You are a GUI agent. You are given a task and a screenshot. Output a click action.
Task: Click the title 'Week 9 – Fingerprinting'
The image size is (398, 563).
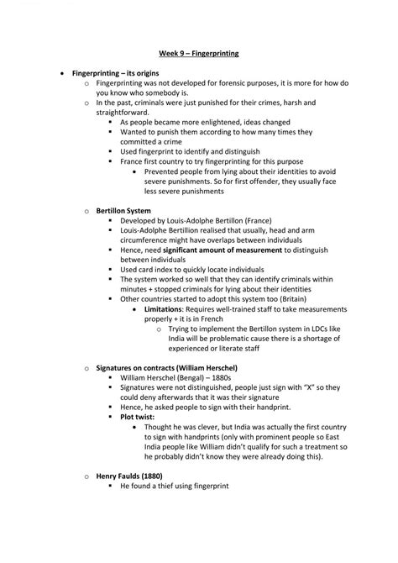point(198,54)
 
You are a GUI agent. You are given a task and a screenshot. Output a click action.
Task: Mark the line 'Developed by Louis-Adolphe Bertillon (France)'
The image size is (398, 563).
point(204,220)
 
